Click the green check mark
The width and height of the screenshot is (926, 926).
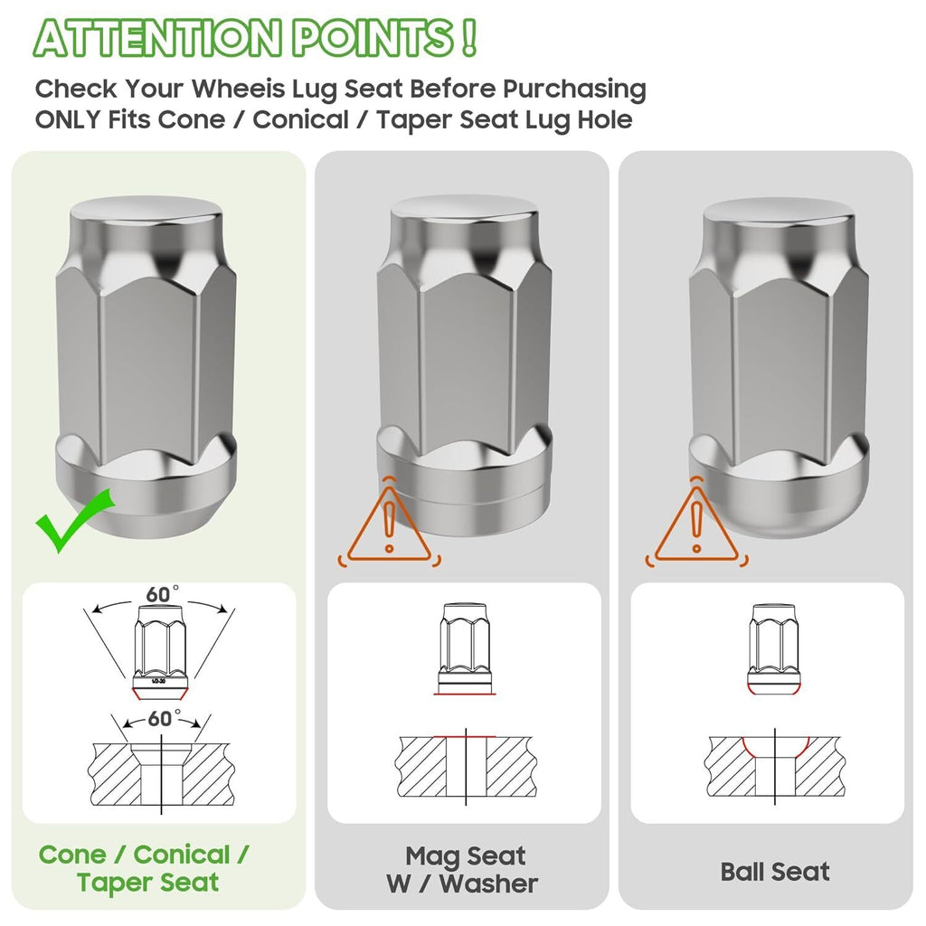point(74,522)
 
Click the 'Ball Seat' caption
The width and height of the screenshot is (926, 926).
point(775,872)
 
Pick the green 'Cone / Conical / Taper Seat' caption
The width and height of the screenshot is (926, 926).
point(145,868)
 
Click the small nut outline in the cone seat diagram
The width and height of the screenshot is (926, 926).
point(161,651)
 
